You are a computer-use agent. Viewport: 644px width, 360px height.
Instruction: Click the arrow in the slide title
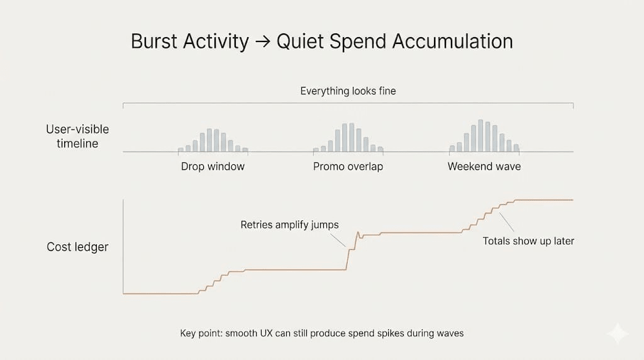coord(262,42)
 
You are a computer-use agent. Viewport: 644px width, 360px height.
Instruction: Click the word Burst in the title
coord(154,41)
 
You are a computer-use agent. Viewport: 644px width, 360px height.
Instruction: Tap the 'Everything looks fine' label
coord(348,91)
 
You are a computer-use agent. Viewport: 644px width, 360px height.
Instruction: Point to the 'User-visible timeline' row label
coord(77,136)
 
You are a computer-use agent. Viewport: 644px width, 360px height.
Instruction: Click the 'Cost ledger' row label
coord(77,247)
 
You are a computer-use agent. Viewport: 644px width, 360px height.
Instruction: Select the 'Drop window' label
coord(213,166)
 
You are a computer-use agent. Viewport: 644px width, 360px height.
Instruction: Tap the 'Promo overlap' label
coord(348,166)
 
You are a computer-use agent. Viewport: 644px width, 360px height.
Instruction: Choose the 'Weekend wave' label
coord(484,166)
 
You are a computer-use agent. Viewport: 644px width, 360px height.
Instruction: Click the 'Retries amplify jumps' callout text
coord(289,225)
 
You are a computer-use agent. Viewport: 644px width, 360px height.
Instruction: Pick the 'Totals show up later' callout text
coord(528,241)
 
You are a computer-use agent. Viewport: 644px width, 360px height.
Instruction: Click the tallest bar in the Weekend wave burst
coord(480,135)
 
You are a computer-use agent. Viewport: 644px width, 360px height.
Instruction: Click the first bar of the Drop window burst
coord(180,150)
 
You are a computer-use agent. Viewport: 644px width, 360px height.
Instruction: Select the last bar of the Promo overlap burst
coord(380,150)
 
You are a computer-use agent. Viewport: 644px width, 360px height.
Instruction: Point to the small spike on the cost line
coord(358,235)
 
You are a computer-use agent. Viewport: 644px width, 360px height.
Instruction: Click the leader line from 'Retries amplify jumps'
coord(338,240)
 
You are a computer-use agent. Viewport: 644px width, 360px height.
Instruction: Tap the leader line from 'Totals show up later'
coord(506,222)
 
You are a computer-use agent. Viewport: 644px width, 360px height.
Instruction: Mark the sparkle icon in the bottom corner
coord(618,333)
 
